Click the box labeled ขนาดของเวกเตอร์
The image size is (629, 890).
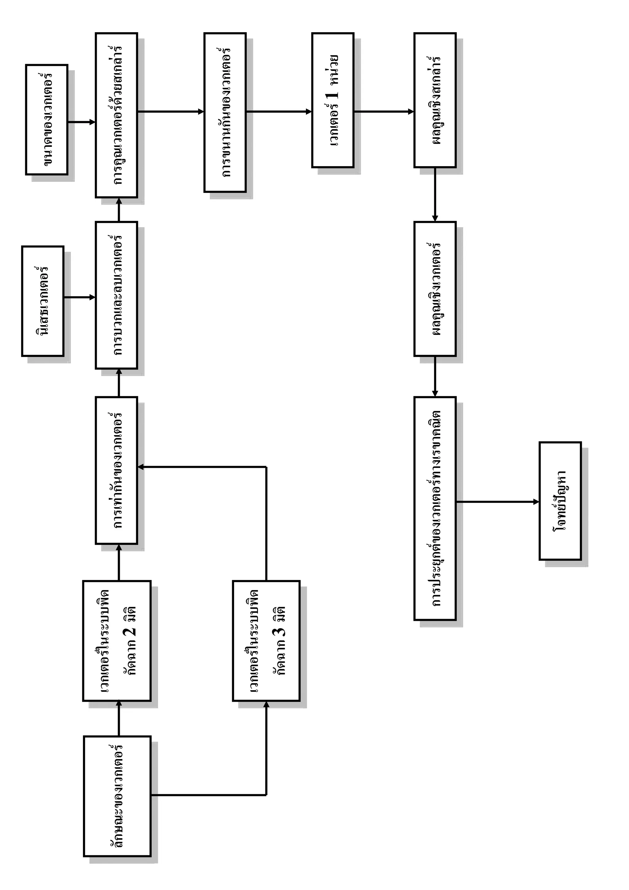pos(46,120)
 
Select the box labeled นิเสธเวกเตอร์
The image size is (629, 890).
pos(43,301)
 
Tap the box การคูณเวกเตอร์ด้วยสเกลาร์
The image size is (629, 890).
pos(116,115)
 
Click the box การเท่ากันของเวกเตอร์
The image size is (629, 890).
pos(116,470)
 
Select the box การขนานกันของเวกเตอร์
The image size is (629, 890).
pos(225,112)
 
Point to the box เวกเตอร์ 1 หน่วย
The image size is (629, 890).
pos(333,100)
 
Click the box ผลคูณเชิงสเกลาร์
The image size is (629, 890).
pos(435,100)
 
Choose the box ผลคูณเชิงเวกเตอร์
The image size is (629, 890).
pos(435,289)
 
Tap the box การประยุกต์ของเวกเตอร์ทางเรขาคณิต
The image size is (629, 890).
pos(435,508)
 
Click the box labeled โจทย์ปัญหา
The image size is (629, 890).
pos(560,501)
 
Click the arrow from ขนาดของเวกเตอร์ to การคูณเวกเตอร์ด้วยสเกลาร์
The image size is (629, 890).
pos(81,122)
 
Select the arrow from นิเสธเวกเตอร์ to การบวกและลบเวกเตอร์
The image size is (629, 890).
pos(80,297)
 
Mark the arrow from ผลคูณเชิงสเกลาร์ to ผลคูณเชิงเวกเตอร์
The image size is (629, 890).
pos(435,194)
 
